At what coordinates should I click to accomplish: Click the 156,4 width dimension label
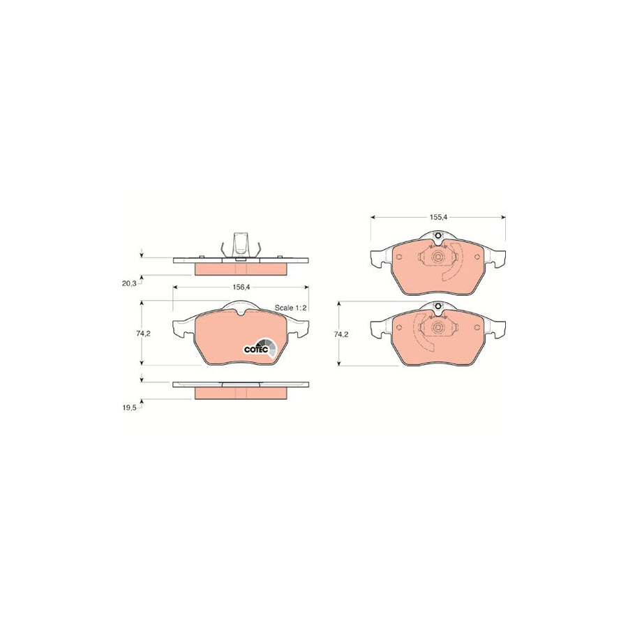click(x=241, y=287)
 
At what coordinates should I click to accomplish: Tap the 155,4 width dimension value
click(x=438, y=217)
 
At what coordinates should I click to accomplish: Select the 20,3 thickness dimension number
click(x=129, y=283)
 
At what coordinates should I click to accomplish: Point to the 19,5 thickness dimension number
click(x=129, y=408)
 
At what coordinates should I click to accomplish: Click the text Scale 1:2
click(x=290, y=308)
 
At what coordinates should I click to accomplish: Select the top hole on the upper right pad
click(x=438, y=236)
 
